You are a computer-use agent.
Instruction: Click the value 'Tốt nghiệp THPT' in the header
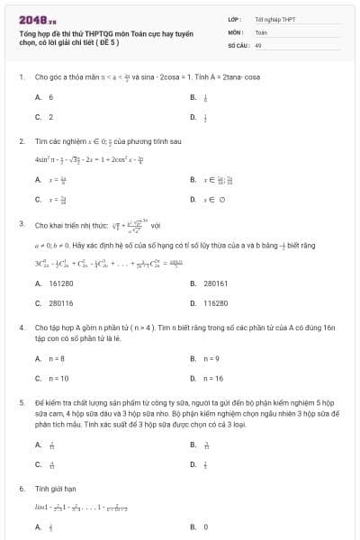tap(274, 19)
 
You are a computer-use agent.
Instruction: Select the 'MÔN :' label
tap(238, 31)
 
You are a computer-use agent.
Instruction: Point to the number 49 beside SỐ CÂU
tap(258, 44)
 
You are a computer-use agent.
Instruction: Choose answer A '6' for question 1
tap(50, 97)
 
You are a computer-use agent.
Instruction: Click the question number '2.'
tap(21, 141)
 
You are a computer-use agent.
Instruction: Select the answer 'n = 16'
tap(213, 378)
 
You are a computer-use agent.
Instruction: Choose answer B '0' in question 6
tap(206, 526)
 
